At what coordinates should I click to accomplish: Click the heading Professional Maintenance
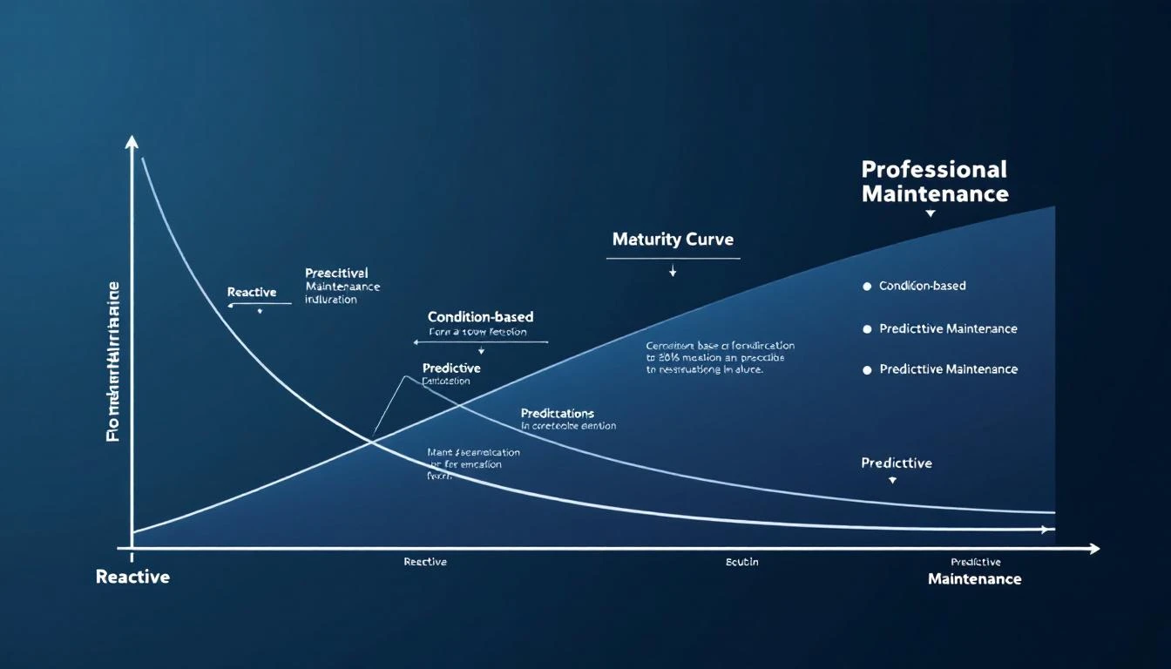[934, 181]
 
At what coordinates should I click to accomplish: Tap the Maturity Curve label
[673, 240]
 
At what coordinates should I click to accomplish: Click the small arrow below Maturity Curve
[673, 273]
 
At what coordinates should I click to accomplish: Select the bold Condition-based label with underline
[480, 317]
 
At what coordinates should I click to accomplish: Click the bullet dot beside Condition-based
[867, 287]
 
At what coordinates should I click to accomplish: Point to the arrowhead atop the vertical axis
[132, 141]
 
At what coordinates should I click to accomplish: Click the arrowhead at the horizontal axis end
[1094, 549]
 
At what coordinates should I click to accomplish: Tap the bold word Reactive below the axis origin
[132, 577]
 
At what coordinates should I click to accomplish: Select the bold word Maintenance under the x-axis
[974, 579]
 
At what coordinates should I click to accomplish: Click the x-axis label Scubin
[741, 562]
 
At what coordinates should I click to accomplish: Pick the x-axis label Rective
[425, 562]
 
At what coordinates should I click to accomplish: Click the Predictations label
[558, 413]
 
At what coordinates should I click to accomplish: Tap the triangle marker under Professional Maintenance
[931, 213]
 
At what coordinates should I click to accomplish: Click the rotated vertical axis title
[113, 361]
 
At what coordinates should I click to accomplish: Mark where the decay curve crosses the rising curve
[373, 442]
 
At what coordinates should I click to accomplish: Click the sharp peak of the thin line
[405, 376]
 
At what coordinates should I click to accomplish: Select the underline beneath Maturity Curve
[673, 258]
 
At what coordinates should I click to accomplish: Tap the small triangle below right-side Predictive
[892, 481]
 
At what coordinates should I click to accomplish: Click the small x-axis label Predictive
[975, 562]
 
